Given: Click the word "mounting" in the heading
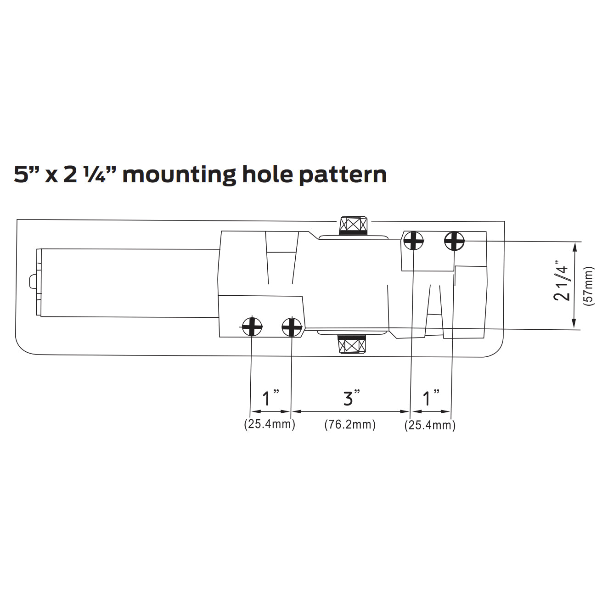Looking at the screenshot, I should [179, 175].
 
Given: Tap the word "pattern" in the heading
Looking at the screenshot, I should [343, 175].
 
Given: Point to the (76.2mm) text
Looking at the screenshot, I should [350, 425].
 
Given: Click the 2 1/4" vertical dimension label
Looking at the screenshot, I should [562, 283].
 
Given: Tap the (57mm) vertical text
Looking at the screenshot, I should [589, 287].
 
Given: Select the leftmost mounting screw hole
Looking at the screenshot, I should [252, 327].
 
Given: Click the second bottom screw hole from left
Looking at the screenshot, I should [292, 327].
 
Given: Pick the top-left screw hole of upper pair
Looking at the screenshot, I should [413, 240].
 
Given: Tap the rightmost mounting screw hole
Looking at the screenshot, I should [454, 241].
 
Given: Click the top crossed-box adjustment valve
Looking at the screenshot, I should [353, 225].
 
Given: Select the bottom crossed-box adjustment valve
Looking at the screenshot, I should [352, 344].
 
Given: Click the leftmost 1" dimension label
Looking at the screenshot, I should [270, 398].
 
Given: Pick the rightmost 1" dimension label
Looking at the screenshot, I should [431, 398].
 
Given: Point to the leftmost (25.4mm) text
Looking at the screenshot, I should [270, 424].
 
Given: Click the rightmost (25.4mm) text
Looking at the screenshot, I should [430, 425].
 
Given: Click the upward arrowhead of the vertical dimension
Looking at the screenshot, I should [574, 247].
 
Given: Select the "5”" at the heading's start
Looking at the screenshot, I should [26, 175].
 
